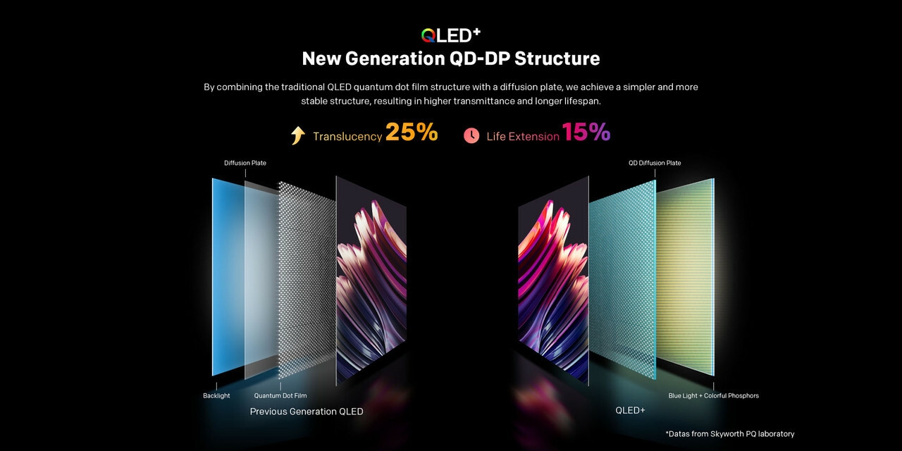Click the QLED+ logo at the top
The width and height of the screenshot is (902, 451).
click(450, 35)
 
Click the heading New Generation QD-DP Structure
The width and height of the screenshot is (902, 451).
click(451, 58)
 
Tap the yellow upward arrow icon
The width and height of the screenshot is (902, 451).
click(298, 135)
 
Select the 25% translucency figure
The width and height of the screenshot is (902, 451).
click(412, 132)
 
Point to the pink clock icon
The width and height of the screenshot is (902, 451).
click(471, 135)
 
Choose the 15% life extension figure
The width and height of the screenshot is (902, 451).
click(586, 132)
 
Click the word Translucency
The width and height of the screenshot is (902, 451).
click(347, 137)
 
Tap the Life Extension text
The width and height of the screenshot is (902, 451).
click(523, 137)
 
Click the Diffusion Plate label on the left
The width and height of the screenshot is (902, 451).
click(245, 163)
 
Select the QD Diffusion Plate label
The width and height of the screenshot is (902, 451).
click(655, 163)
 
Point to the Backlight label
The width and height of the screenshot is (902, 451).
click(216, 395)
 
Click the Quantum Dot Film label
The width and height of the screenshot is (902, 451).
click(280, 395)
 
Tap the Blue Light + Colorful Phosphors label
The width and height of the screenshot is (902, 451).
click(713, 395)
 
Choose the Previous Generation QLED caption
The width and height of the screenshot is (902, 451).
click(307, 412)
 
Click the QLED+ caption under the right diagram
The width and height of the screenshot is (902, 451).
click(630, 410)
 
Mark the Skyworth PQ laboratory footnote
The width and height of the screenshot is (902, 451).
click(729, 433)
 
